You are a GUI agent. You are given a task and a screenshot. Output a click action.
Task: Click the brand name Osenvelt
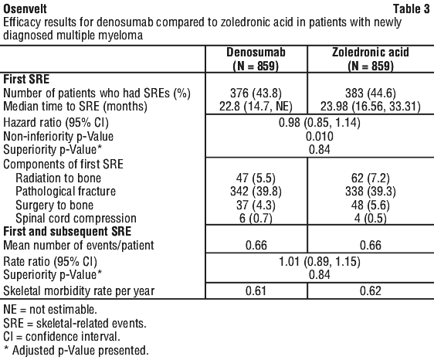click(25, 9)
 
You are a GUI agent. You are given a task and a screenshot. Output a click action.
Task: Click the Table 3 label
click(412, 9)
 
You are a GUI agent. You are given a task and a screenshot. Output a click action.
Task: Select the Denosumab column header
click(256, 59)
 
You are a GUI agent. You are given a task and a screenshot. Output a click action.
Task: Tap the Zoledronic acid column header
click(371, 59)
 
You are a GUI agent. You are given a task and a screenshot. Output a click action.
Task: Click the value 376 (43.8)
click(256, 93)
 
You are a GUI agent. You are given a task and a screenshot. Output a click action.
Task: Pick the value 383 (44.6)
click(371, 93)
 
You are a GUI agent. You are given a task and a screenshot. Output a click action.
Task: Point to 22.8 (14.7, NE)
click(256, 107)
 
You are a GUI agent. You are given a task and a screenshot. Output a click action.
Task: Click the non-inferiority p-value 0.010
click(320, 136)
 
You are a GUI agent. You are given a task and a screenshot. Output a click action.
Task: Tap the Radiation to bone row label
click(58, 178)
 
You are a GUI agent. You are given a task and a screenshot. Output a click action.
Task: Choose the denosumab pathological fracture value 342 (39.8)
click(256, 192)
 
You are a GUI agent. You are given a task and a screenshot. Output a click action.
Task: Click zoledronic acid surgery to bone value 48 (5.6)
click(371, 205)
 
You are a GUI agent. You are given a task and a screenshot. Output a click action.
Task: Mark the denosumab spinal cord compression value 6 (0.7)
click(256, 219)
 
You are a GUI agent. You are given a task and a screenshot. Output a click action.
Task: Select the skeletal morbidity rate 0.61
click(256, 290)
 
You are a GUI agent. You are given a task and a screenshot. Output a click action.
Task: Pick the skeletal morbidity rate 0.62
click(371, 290)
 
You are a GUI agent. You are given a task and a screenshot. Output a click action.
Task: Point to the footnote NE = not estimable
click(50, 310)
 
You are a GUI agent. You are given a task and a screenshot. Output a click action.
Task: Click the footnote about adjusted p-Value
click(76, 350)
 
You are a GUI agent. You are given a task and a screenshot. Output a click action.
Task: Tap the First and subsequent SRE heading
click(67, 232)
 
